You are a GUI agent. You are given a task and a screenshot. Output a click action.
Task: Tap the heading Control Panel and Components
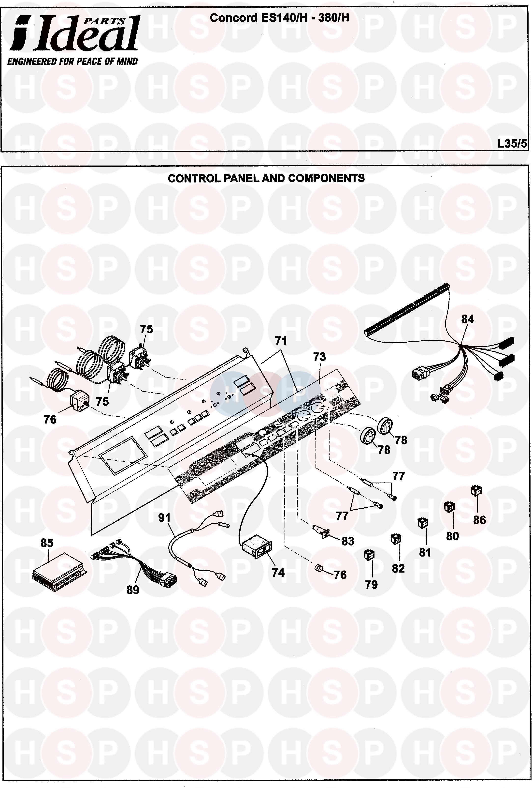click(x=266, y=178)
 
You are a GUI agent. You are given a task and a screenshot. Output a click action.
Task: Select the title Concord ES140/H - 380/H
click(x=279, y=18)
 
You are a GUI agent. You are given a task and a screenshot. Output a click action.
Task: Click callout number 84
click(x=468, y=319)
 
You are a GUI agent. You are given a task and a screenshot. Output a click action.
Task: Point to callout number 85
click(x=47, y=543)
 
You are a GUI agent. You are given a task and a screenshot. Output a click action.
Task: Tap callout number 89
click(x=133, y=590)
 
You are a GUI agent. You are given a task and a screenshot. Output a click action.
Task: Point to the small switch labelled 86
click(x=476, y=491)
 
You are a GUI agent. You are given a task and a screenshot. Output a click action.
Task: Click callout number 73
click(x=319, y=357)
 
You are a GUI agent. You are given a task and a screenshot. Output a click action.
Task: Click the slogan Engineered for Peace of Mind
click(x=73, y=61)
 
